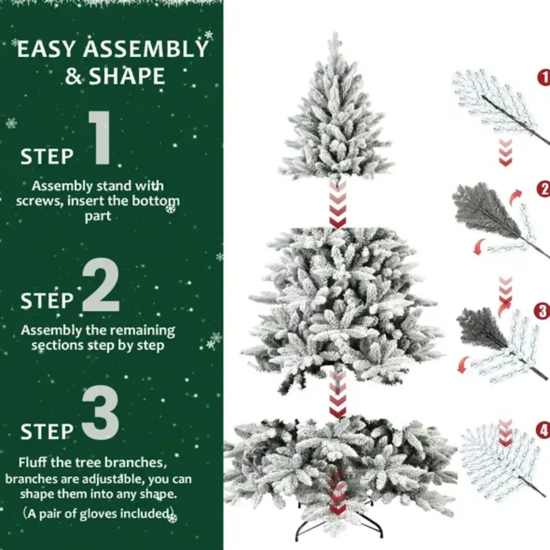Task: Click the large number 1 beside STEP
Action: [x=101, y=139]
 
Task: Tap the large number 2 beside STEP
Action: [x=101, y=285]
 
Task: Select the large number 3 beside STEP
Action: [x=101, y=415]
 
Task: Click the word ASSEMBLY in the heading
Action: [x=146, y=49]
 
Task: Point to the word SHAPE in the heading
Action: [x=127, y=77]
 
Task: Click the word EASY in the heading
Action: [x=47, y=50]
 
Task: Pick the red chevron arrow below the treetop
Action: [x=337, y=204]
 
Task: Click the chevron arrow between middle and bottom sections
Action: [x=337, y=395]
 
